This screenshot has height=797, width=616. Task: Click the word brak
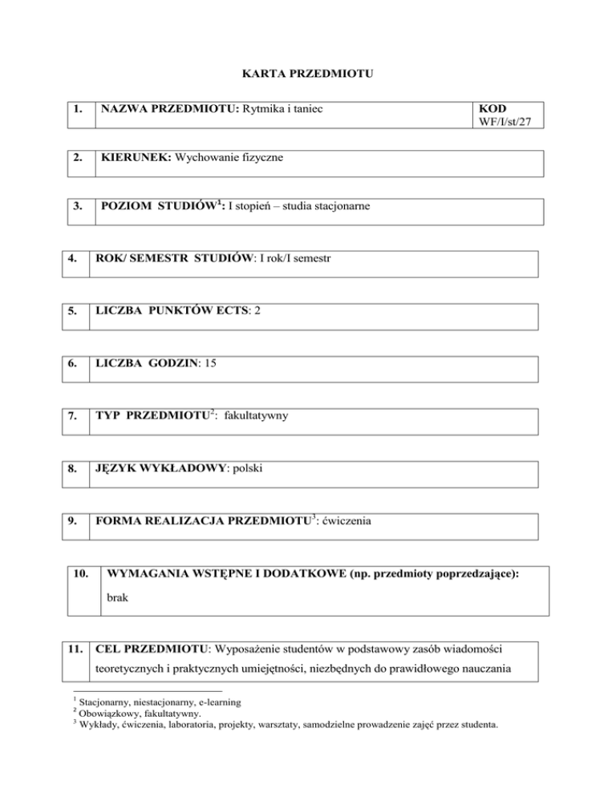coord(119,597)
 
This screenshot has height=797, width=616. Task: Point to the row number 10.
coord(81,575)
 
